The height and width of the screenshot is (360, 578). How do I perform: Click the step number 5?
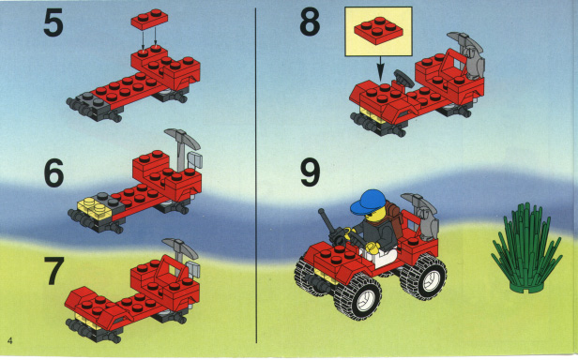53,24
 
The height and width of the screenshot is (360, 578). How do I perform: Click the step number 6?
53,173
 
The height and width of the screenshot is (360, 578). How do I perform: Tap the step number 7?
53,271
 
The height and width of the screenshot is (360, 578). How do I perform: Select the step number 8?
310,22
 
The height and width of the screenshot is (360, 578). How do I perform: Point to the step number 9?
310,172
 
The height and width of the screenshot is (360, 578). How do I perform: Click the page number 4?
9,340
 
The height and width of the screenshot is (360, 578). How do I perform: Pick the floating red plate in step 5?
149,19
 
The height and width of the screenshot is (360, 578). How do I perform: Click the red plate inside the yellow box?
378,31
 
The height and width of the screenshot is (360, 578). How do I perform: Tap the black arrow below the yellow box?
380,68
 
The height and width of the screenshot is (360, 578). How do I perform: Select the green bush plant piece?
526,249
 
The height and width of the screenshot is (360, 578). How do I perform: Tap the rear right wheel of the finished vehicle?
424,277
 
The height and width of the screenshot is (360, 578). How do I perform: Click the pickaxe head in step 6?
182,137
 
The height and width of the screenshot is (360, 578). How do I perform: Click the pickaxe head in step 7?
180,247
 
